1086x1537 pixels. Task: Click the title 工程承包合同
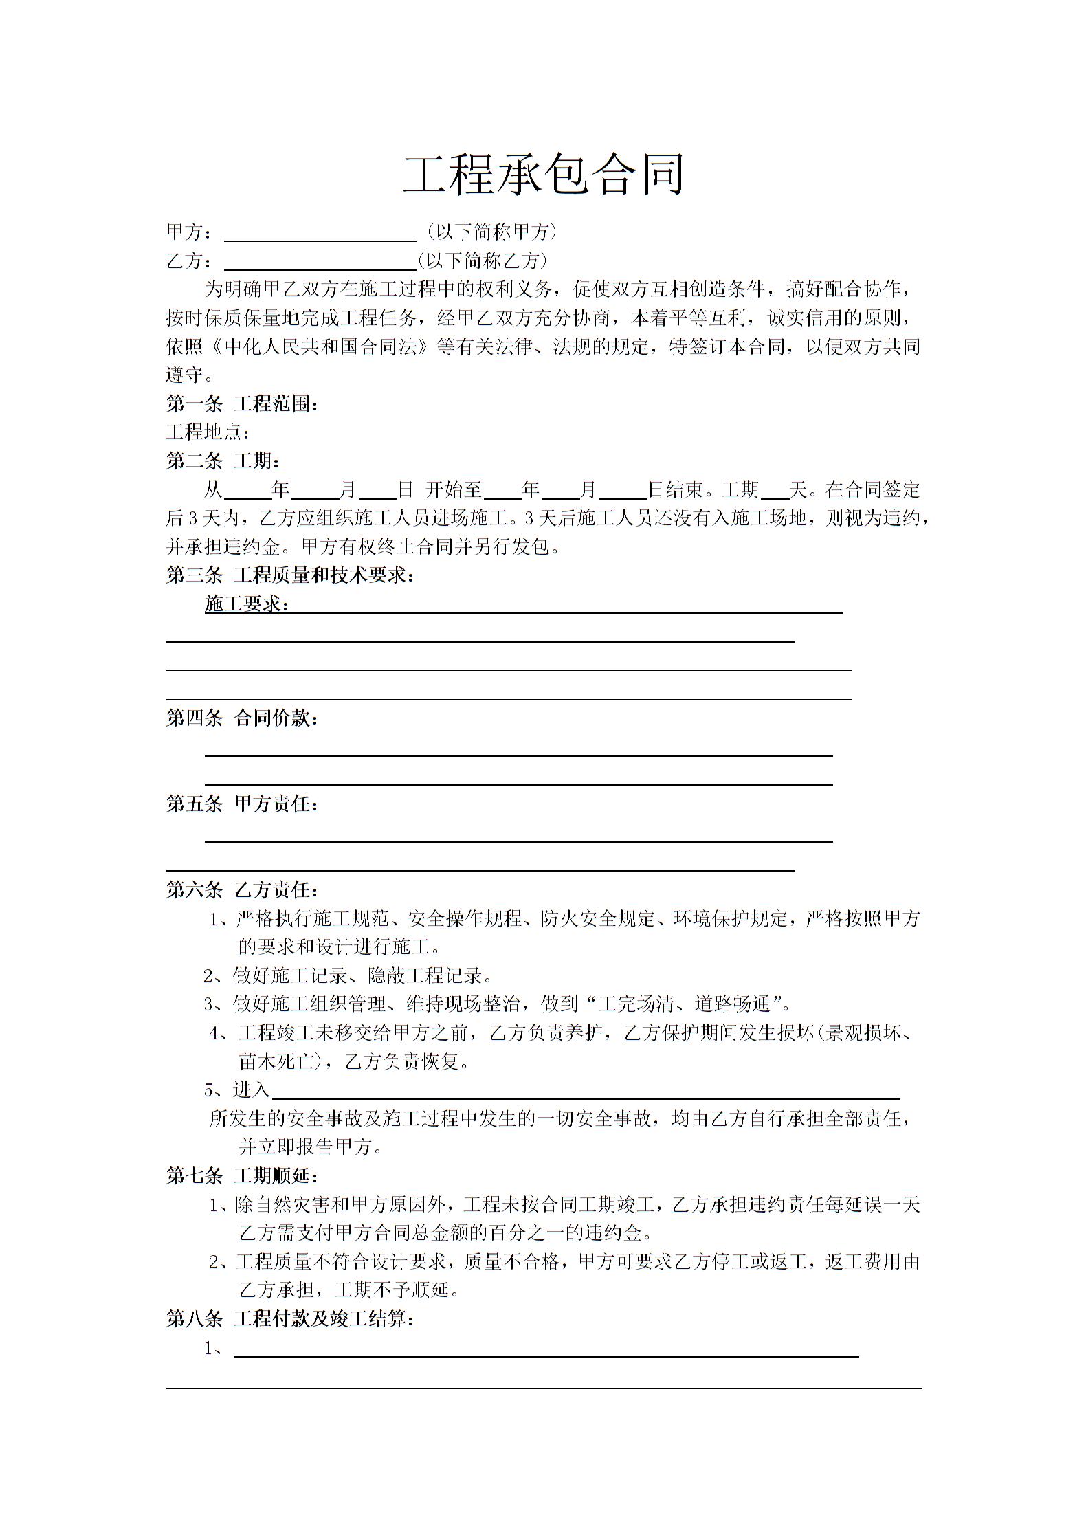[x=543, y=174]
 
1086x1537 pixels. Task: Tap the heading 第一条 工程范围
[x=242, y=403]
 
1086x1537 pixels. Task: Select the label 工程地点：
[x=208, y=432]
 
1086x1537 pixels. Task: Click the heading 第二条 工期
[x=223, y=461]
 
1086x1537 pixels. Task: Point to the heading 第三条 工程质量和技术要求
[x=290, y=575]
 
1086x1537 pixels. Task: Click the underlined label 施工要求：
[x=247, y=604]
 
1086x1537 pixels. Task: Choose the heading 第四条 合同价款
[x=242, y=719]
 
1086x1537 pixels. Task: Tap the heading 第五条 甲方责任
[x=242, y=804]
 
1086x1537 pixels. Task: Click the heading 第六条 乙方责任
[x=242, y=890]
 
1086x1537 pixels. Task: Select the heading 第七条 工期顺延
[x=242, y=1175]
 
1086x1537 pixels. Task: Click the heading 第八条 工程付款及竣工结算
[x=290, y=1319]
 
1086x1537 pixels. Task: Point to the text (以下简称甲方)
[x=491, y=232]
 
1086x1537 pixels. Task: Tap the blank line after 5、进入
[x=584, y=1092]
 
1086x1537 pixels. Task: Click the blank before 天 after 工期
[x=776, y=491]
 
